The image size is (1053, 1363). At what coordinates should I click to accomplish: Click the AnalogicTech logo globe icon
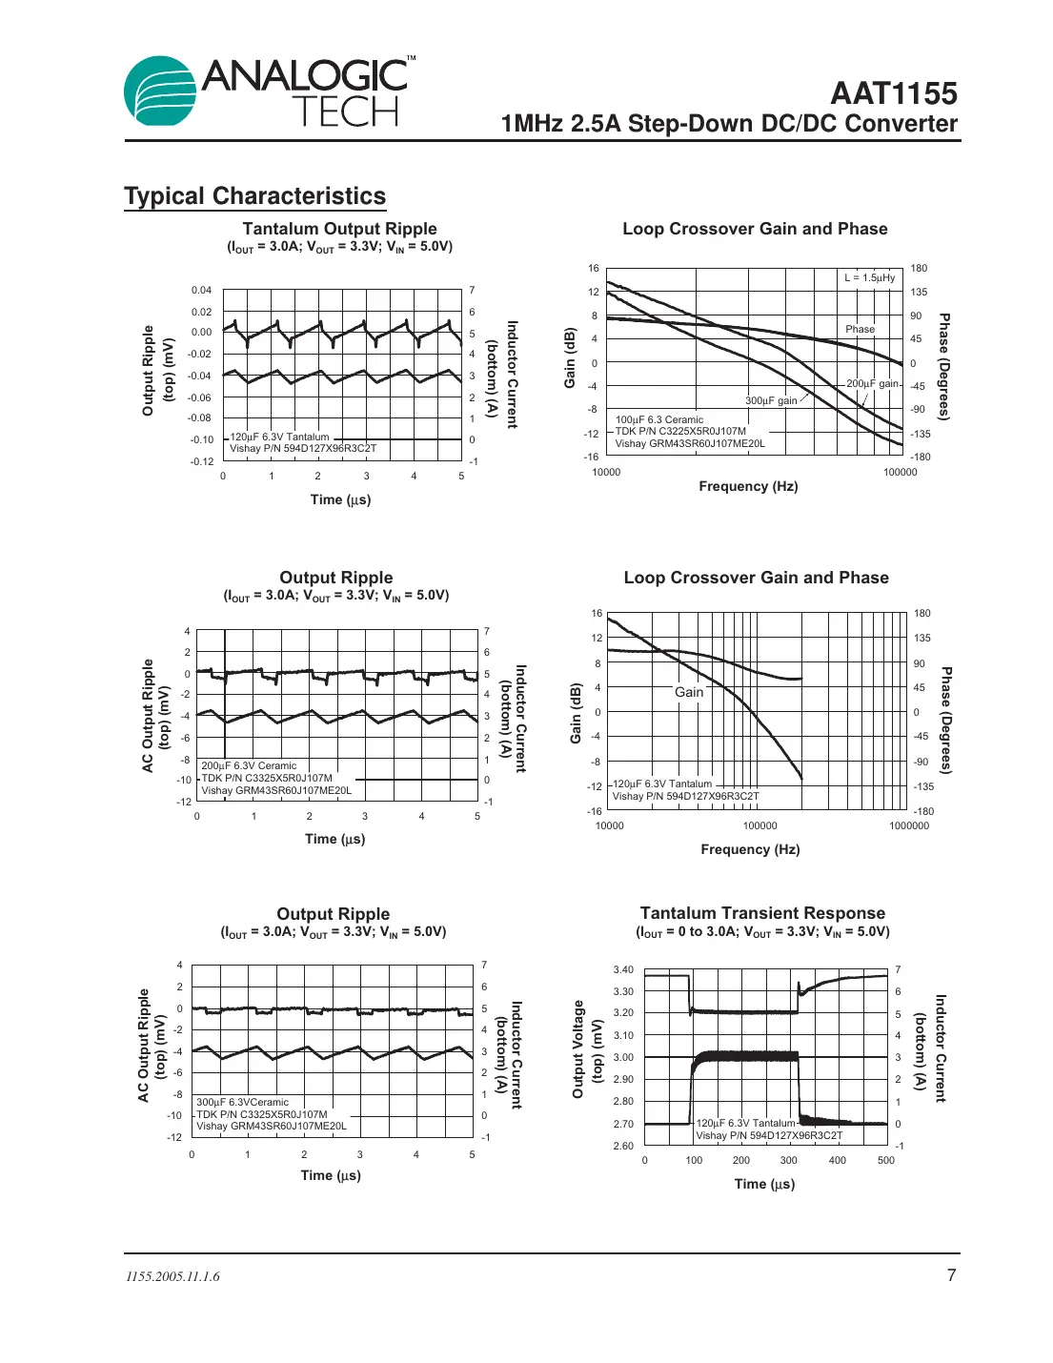pos(160,92)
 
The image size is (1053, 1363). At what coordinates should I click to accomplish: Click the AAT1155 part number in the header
pos(893,93)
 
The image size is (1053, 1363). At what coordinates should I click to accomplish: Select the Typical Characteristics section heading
pos(254,196)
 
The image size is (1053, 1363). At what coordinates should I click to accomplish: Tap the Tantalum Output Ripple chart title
pos(339,229)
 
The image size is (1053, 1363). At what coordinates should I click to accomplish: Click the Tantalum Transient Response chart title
pos(762,913)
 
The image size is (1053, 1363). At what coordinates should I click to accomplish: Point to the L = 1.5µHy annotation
pos(869,277)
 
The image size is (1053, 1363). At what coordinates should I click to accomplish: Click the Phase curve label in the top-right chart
pos(860,329)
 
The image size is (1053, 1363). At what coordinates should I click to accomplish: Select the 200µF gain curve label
pos(872,383)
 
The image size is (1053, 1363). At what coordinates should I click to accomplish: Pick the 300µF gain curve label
pos(771,400)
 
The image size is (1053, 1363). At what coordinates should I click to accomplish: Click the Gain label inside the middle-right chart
pos(689,692)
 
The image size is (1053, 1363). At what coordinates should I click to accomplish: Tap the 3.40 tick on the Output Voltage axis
pos(623,969)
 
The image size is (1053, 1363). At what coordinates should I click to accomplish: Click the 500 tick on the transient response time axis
pos(886,1160)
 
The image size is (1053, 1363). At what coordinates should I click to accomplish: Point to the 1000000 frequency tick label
pos(909,825)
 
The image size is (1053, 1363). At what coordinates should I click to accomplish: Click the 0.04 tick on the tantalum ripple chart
pos(201,290)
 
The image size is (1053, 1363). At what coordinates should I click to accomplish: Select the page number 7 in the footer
pos(951,1275)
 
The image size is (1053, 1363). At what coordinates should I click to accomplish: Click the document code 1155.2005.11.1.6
pos(172,1276)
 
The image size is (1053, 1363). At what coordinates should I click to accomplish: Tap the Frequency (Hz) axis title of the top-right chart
pos(748,486)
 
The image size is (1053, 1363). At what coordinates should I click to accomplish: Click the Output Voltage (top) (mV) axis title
pos(587,1048)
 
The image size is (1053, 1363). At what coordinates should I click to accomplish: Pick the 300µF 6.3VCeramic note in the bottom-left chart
pos(242,1102)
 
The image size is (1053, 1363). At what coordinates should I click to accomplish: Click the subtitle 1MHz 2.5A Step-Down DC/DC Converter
pos(729,124)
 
